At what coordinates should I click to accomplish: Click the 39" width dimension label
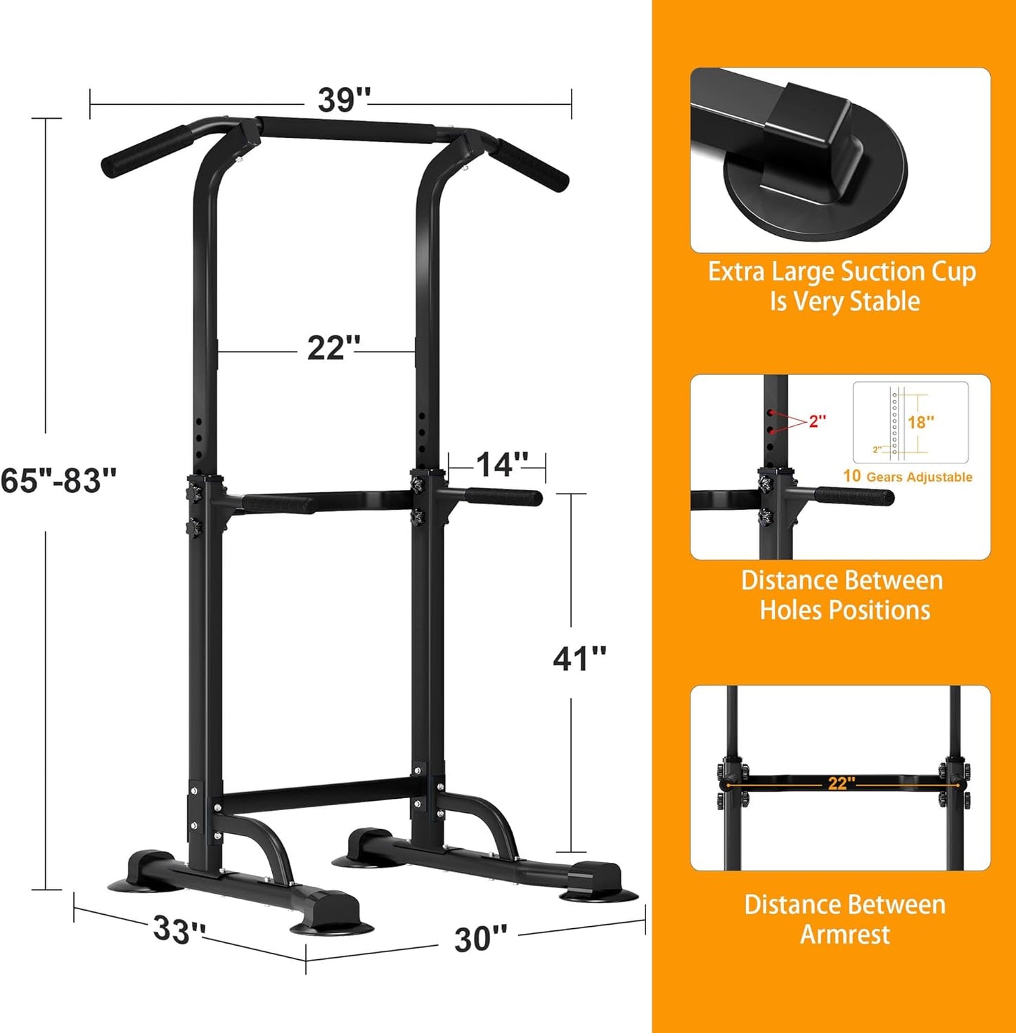pos(343,100)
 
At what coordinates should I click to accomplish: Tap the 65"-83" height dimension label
pos(58,481)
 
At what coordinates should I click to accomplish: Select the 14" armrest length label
pos(502,465)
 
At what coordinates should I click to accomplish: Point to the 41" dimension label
pos(579,659)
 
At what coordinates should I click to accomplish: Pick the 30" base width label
pos(480,939)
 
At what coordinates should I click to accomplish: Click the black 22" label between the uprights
pos(333,347)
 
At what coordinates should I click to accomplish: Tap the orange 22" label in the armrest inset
pos(841,783)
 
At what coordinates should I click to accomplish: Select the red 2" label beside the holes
pos(817,421)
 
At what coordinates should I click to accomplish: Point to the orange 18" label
pos(920,422)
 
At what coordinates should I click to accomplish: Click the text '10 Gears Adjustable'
pos(907,477)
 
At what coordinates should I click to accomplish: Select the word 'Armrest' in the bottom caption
pos(844,935)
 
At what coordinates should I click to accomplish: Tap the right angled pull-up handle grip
pos(532,165)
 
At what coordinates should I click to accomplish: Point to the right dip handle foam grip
pos(503,497)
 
